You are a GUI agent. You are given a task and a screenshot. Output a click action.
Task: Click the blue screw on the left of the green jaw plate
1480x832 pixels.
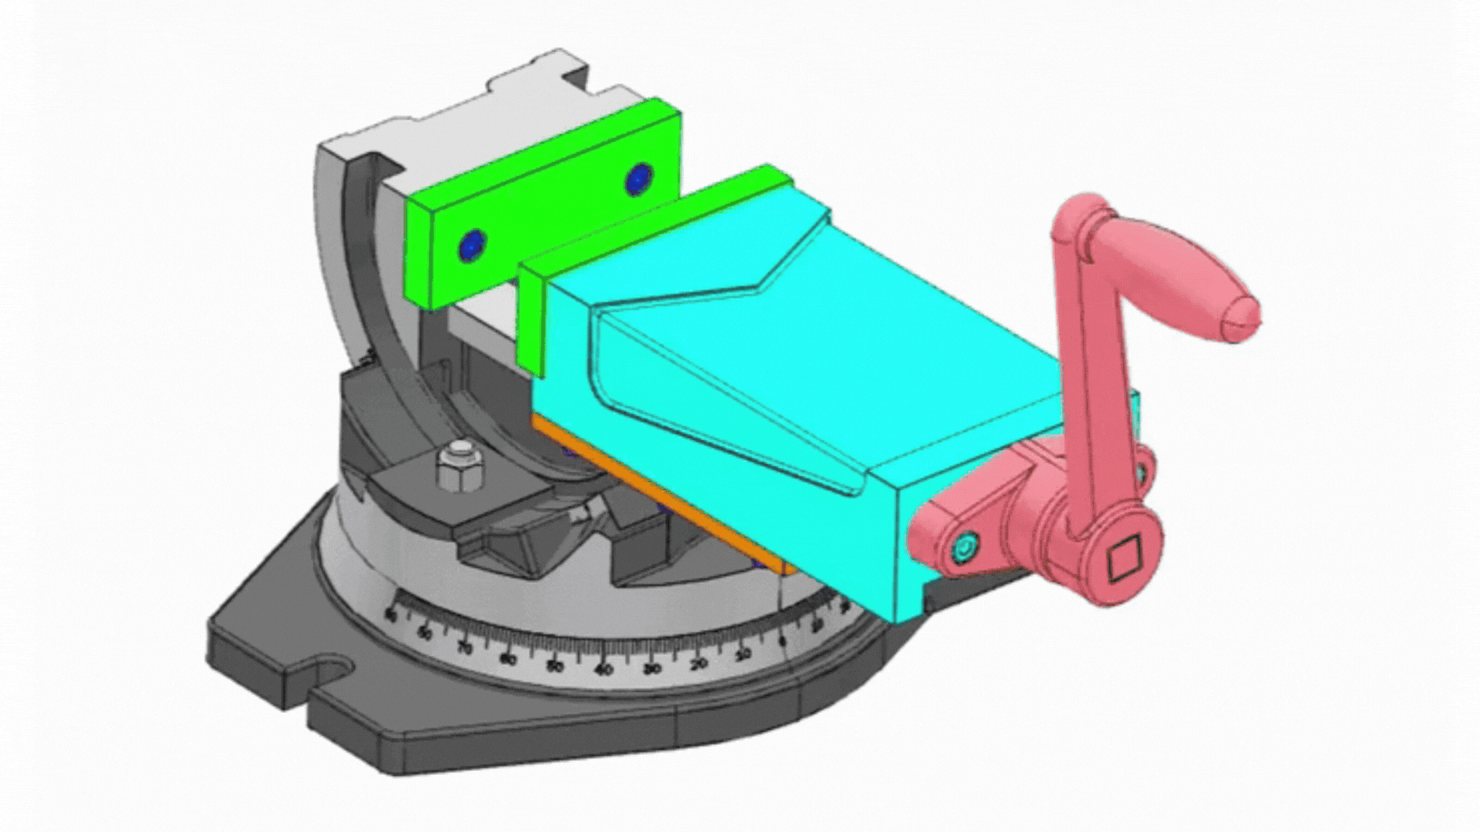pyautogui.click(x=472, y=245)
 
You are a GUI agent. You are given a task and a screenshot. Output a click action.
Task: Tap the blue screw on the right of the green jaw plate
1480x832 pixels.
pyautogui.click(x=638, y=179)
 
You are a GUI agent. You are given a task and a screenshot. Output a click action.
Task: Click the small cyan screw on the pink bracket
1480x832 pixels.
pyautogui.click(x=963, y=547)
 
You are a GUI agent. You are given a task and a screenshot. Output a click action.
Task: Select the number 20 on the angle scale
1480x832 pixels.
pyautogui.click(x=699, y=663)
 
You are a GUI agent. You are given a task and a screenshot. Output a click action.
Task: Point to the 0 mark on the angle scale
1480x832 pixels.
pyautogui.click(x=782, y=641)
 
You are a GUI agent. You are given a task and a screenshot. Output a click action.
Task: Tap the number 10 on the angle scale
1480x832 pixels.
pyautogui.click(x=743, y=654)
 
